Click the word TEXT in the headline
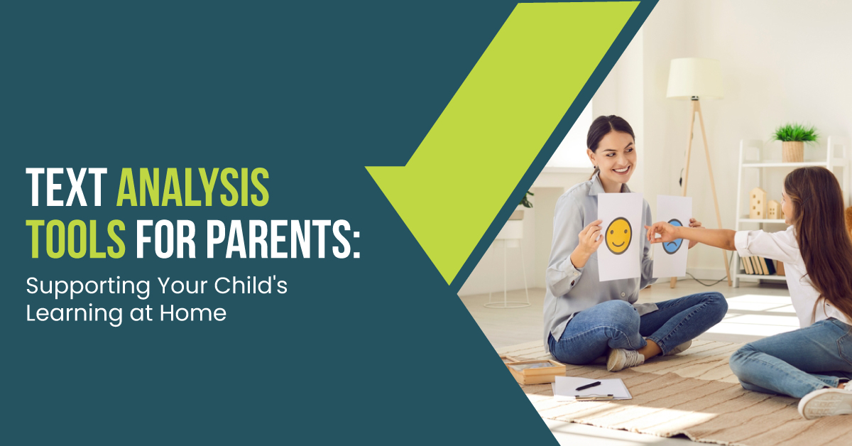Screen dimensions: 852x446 coord(67,187)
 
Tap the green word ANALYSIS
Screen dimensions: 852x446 coord(193,187)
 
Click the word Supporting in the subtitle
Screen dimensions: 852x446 coord(89,286)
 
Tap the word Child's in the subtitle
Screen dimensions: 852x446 coord(251,285)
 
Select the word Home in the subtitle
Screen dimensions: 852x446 coord(193,312)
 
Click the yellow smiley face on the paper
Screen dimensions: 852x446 coord(618,236)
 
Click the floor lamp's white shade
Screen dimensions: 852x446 coord(695,78)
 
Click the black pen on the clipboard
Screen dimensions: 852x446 coord(588,386)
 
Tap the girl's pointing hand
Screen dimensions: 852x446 coord(662,232)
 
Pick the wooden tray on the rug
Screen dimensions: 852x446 coord(535,370)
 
